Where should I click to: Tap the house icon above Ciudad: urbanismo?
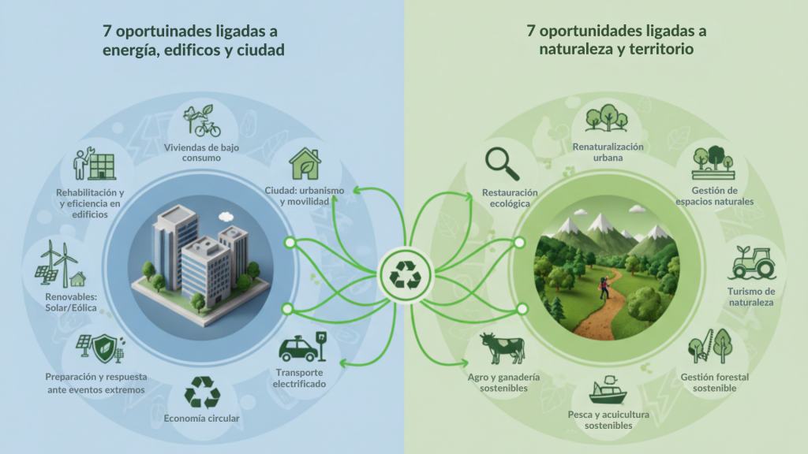pos(304,164)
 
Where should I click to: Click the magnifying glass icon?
pos(502,164)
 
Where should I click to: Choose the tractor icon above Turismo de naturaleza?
pos(750,262)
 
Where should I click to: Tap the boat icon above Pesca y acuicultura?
pos(608,389)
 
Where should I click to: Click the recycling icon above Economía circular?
pos(200,393)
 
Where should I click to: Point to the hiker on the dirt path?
pos(604,289)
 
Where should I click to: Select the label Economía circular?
pos(200,419)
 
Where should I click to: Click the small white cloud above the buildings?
pos(226,215)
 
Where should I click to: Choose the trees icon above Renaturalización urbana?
pos(606,118)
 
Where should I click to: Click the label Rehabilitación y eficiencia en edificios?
pos(88,203)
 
